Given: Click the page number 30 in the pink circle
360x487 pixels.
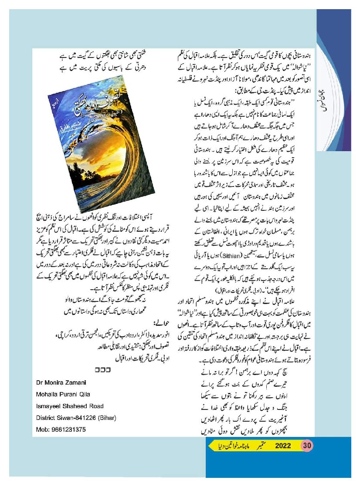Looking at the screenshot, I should pos(307,446).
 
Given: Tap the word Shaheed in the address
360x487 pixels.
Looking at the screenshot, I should pos(69,406).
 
